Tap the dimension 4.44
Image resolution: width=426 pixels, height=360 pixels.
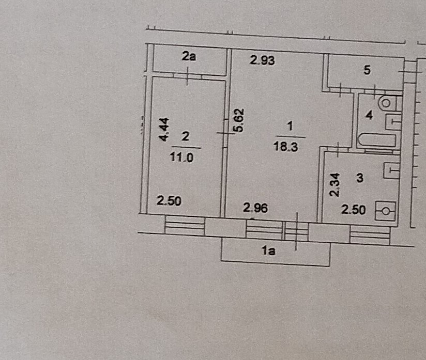pyautogui.click(x=163, y=129)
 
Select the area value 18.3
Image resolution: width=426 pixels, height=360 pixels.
pyautogui.click(x=287, y=147)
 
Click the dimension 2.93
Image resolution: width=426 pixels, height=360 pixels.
pyautogui.click(x=262, y=60)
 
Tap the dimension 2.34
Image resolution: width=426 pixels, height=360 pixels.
pyautogui.click(x=334, y=184)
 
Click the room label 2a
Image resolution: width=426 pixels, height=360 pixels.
pyautogui.click(x=189, y=57)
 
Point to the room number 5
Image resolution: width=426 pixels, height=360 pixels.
pyautogui.click(x=368, y=71)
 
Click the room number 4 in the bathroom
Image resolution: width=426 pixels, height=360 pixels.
pyautogui.click(x=369, y=116)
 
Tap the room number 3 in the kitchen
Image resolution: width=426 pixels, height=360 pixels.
pyautogui.click(x=360, y=178)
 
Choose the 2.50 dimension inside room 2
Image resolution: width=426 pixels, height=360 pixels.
pyautogui.click(x=169, y=201)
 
